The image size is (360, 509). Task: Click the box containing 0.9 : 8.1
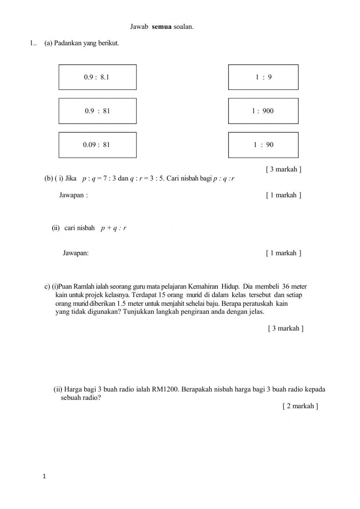98,77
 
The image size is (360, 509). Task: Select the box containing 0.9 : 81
98,111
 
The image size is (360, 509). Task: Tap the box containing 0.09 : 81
98,145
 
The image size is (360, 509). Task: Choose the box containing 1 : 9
263,77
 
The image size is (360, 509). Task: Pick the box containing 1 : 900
263,111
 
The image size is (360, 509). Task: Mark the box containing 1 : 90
263,145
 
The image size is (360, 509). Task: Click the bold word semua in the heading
162,27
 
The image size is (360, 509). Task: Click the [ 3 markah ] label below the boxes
283,169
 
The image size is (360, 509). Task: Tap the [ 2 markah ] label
300,406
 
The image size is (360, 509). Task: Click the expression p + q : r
113,228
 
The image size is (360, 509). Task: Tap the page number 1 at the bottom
44,477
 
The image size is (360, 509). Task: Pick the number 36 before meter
286,287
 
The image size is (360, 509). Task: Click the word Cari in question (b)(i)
173,178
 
